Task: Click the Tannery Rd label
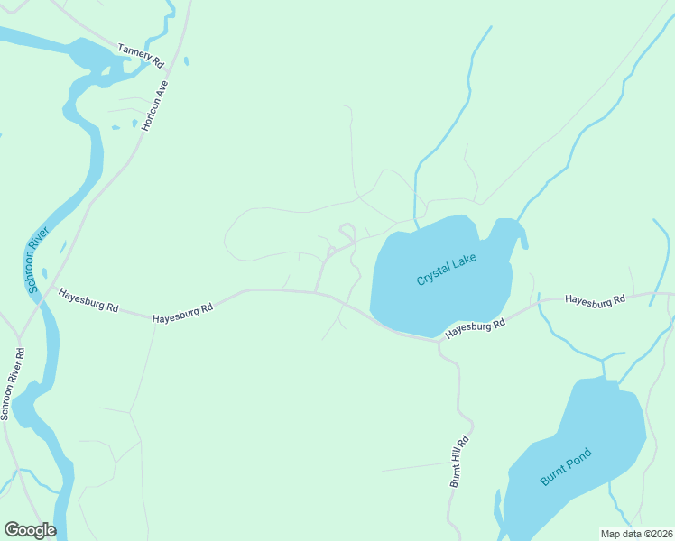click(x=140, y=56)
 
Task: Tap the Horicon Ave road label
click(x=156, y=105)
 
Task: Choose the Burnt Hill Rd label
click(x=460, y=463)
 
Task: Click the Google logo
click(x=29, y=530)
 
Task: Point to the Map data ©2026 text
click(x=636, y=534)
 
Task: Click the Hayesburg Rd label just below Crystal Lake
click(x=474, y=328)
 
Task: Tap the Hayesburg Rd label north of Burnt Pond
click(x=595, y=299)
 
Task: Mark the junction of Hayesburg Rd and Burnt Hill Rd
click(x=439, y=341)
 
